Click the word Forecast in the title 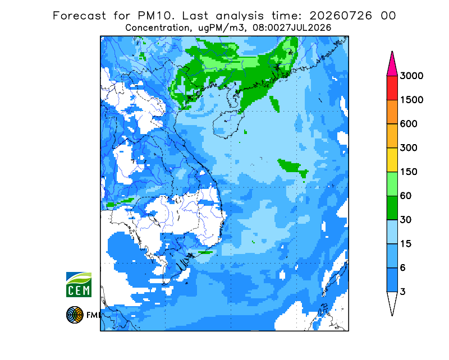coord(79,16)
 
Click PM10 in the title coord(155,16)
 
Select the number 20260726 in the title coord(341,16)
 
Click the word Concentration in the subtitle coord(157,28)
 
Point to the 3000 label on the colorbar coord(411,76)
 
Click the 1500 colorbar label coord(411,100)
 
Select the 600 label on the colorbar coord(409,124)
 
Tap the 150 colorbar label coord(409,172)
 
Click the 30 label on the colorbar coord(406,220)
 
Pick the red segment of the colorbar coord(392,88)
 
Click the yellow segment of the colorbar coord(392,160)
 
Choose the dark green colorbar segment coord(392,208)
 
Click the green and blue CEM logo coord(79,284)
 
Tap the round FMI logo coord(75,315)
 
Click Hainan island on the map coord(228,124)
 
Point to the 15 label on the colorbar coord(406,244)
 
